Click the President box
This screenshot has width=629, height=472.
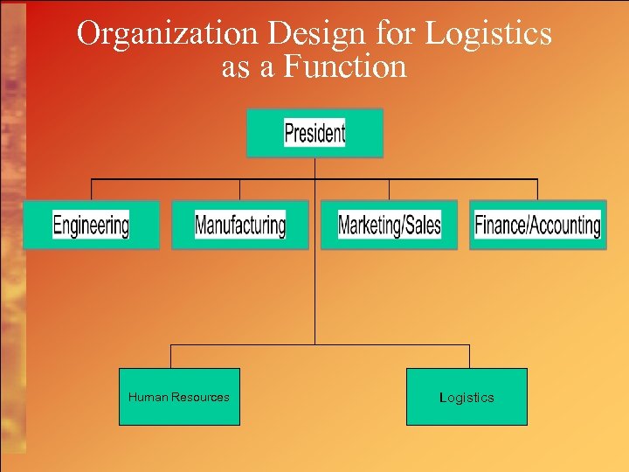314,133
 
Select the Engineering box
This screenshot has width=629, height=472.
91,225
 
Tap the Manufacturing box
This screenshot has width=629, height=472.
240,225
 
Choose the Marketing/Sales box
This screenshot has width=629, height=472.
389,225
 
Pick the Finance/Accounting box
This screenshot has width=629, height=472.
537,225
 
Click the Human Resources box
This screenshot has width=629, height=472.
179,397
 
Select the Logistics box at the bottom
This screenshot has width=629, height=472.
467,397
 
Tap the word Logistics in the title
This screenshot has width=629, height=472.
488,33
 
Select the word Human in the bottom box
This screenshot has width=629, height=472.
148,397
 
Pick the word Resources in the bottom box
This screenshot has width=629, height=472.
200,397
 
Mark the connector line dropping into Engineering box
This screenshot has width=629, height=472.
92,190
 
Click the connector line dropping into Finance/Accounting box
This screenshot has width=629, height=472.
537,190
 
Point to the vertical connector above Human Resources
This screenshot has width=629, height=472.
170,356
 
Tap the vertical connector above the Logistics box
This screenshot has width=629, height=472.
469,356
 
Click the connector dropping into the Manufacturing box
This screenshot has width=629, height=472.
240,190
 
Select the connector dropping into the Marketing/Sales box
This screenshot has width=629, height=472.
389,190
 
